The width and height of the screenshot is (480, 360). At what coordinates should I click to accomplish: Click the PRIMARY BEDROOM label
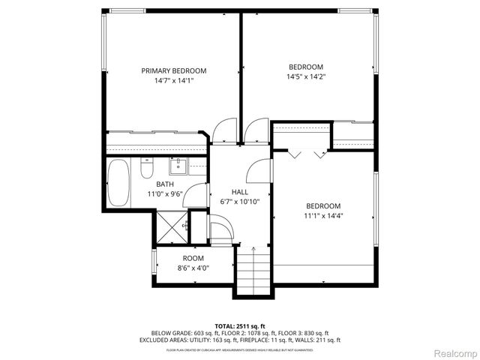174,70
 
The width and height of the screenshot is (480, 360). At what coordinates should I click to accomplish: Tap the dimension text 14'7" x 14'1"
174,81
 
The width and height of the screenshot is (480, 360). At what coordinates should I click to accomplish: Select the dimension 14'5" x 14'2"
305,76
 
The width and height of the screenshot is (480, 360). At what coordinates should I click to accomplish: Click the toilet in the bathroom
147,170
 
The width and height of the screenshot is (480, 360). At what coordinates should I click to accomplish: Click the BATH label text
165,184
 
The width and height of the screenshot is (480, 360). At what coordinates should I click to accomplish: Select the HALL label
239,191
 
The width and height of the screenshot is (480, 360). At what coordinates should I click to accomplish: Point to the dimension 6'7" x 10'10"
239,201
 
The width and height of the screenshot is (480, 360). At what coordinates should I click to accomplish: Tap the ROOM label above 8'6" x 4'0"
193,257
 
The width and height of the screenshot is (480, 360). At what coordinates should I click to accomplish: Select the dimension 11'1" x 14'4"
322,216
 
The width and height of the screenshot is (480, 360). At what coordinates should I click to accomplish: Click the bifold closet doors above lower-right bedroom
307,153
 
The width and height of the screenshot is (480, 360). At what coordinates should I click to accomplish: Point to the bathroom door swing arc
196,196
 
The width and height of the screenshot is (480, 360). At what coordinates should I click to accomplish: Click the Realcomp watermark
454,352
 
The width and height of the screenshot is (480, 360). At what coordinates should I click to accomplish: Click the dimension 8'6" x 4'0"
193,267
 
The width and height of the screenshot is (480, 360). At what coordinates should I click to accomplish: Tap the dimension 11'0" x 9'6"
165,193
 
